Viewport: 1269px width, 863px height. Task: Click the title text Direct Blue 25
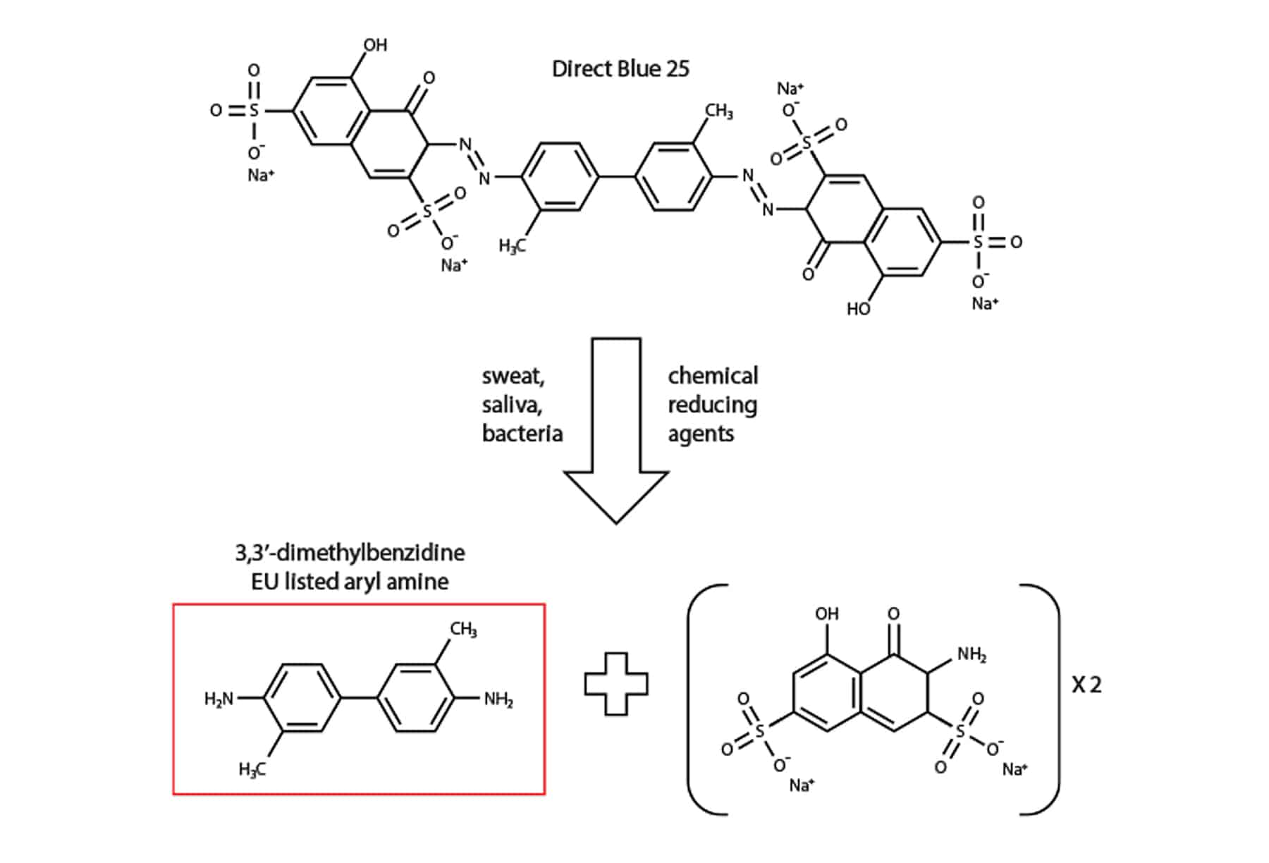pos(620,69)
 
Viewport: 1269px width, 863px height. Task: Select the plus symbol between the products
pos(616,684)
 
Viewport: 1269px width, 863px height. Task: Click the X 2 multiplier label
pos(1086,685)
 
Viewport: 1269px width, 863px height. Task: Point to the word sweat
pos(513,377)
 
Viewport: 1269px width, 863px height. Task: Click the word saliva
pos(512,405)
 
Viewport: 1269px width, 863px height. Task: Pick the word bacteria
pos(522,433)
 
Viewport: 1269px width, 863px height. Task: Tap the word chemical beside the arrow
pos(713,376)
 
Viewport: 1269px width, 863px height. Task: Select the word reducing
pos(712,405)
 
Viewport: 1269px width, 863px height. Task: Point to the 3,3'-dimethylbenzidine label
pos(350,552)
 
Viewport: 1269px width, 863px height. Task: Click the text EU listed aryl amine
pos(350,582)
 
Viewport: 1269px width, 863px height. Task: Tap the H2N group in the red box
pos(219,699)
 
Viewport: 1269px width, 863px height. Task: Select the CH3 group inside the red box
pos(463,629)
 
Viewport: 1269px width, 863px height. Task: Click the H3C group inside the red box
pos(252,769)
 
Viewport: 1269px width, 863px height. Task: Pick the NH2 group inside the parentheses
pos(971,655)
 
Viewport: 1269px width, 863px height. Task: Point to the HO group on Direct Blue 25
pos(859,309)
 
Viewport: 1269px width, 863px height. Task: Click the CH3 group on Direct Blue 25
pos(719,111)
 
